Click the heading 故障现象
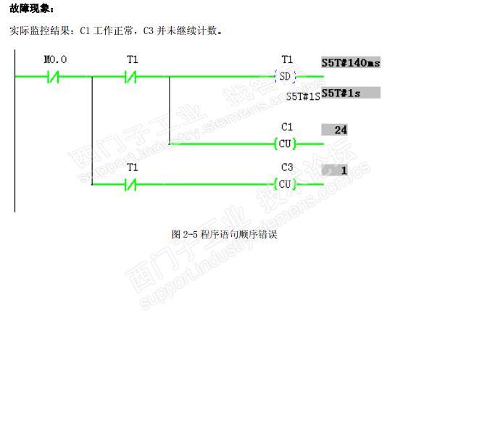point(31,9)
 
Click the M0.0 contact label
point(55,59)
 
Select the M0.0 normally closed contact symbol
point(53,76)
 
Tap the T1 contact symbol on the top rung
point(131,76)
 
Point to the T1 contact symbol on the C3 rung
point(131,184)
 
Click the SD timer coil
point(286,76)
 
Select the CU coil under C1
point(286,144)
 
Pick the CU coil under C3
point(286,184)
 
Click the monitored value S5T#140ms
point(351,63)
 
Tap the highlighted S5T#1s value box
point(351,93)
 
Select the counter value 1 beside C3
point(336,170)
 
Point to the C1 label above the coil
point(287,127)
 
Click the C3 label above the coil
point(287,167)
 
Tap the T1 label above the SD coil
point(287,59)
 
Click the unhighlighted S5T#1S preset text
point(302,96)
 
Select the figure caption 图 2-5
point(224,234)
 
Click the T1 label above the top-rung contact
point(132,59)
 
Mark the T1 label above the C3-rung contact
point(132,167)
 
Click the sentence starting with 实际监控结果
point(117,31)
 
